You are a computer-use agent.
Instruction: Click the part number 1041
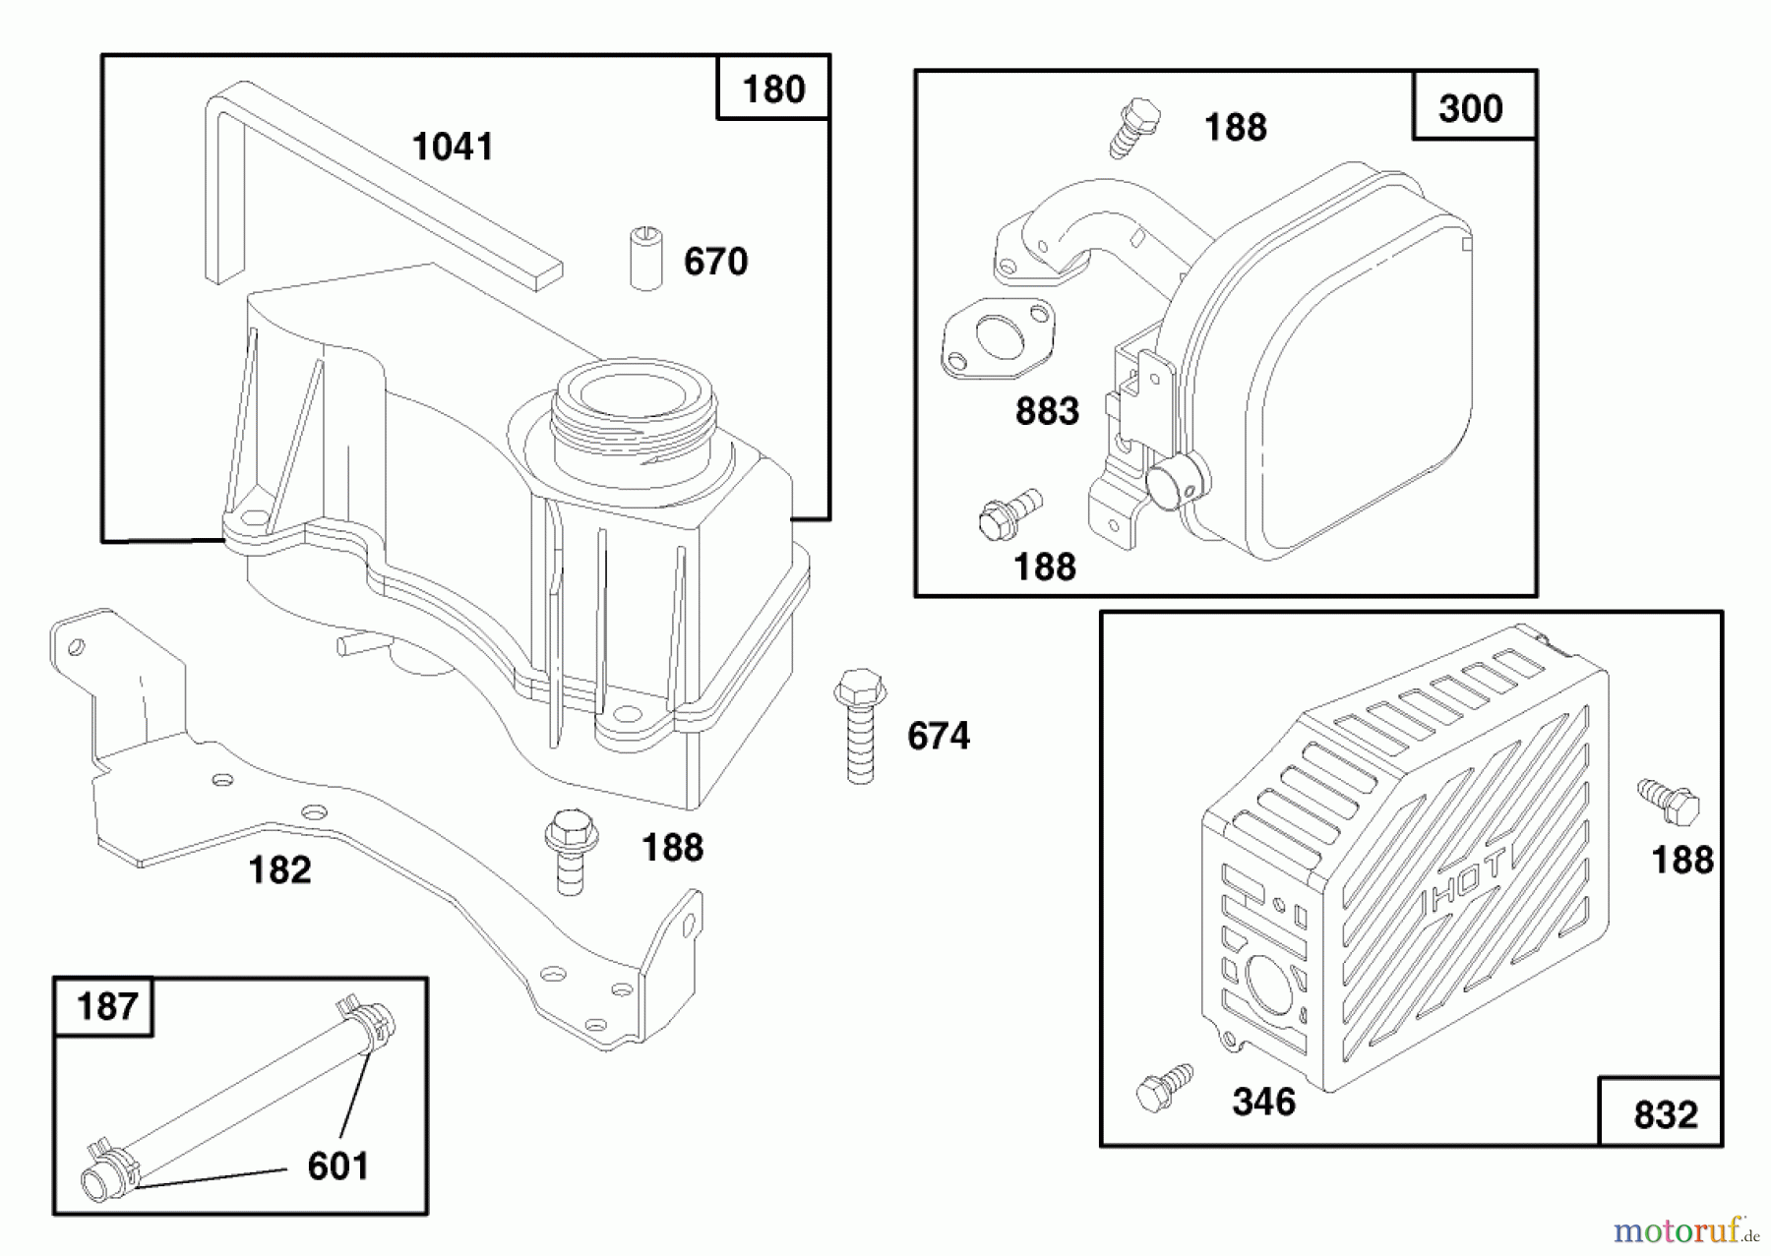453,148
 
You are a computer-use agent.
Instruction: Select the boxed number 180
773,90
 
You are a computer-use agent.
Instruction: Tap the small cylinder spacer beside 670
645,259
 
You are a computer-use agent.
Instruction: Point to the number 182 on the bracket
279,870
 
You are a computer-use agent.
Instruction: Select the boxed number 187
105,1007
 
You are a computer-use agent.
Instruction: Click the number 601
337,1166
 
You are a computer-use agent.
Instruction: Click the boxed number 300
1471,108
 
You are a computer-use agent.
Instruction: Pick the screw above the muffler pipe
1135,126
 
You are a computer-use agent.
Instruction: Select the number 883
1047,411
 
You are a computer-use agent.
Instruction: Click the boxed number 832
1665,1115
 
